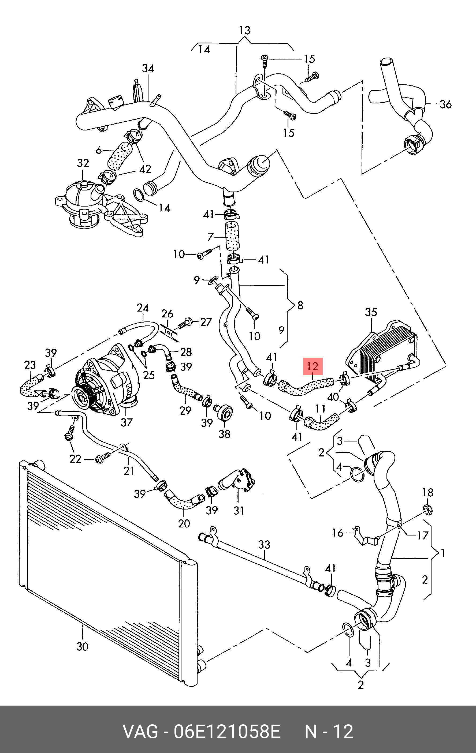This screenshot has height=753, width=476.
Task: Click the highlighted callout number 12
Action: pyautogui.click(x=313, y=366)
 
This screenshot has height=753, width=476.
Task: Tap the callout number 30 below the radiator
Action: pyautogui.click(x=83, y=646)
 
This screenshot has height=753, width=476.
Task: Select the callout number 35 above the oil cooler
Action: pyautogui.click(x=371, y=312)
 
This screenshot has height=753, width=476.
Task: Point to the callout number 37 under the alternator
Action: pyautogui.click(x=127, y=422)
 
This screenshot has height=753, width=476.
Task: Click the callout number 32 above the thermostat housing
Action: pyautogui.click(x=83, y=163)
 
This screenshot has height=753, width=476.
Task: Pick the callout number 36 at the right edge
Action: pyautogui.click(x=446, y=104)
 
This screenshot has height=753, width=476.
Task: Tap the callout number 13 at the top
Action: pyautogui.click(x=244, y=31)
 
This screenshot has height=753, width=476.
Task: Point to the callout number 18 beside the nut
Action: pyautogui.click(x=427, y=493)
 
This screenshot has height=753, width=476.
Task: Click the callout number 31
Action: pyautogui.click(x=239, y=511)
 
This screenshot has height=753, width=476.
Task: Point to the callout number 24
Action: pyautogui.click(x=143, y=308)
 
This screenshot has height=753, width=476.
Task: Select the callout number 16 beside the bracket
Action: pyautogui.click(x=338, y=533)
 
